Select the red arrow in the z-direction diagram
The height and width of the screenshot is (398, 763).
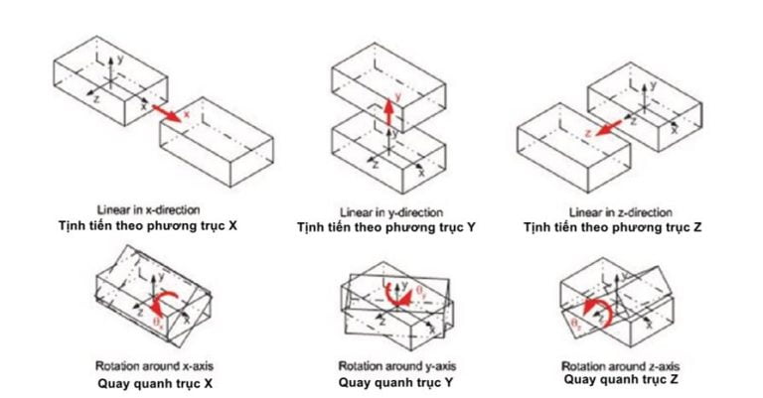(x=599, y=126)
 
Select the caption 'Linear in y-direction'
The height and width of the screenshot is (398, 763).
(x=386, y=211)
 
